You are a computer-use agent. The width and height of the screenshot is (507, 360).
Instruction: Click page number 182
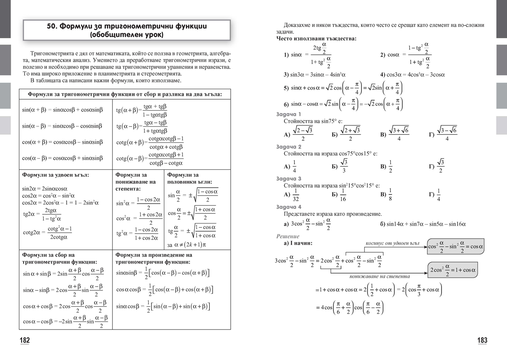click(25, 341)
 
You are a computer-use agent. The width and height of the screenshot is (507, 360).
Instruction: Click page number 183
click(482, 341)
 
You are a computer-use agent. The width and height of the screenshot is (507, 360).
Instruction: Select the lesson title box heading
click(126, 30)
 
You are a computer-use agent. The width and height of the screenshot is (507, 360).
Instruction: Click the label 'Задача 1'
click(289, 114)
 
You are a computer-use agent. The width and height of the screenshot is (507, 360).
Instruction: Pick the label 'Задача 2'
click(289, 146)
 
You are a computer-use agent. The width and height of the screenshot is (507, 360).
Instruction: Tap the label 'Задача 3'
click(289, 178)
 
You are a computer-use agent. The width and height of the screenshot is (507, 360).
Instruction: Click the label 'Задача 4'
click(289, 207)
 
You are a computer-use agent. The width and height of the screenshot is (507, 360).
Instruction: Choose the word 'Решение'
click(287, 236)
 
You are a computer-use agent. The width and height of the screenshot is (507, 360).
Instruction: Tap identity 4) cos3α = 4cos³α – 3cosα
click(412, 75)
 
